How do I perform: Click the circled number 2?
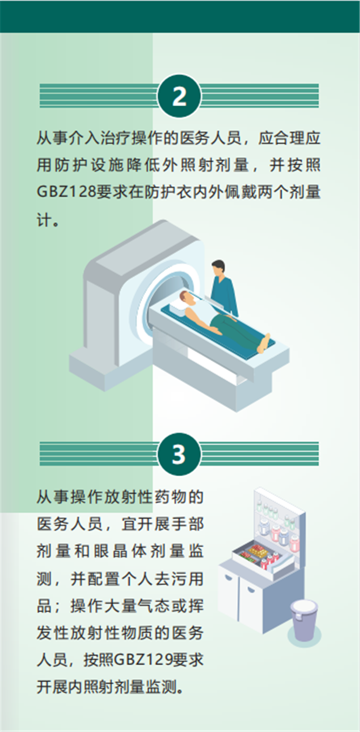coord(179,96)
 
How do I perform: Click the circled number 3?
coord(179,454)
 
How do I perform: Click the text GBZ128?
coord(67,192)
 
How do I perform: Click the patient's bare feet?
coord(264,343)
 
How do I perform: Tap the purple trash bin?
coord(303,620)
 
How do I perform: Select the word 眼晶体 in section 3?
coord(119,551)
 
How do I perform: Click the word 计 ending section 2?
coord(44,220)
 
